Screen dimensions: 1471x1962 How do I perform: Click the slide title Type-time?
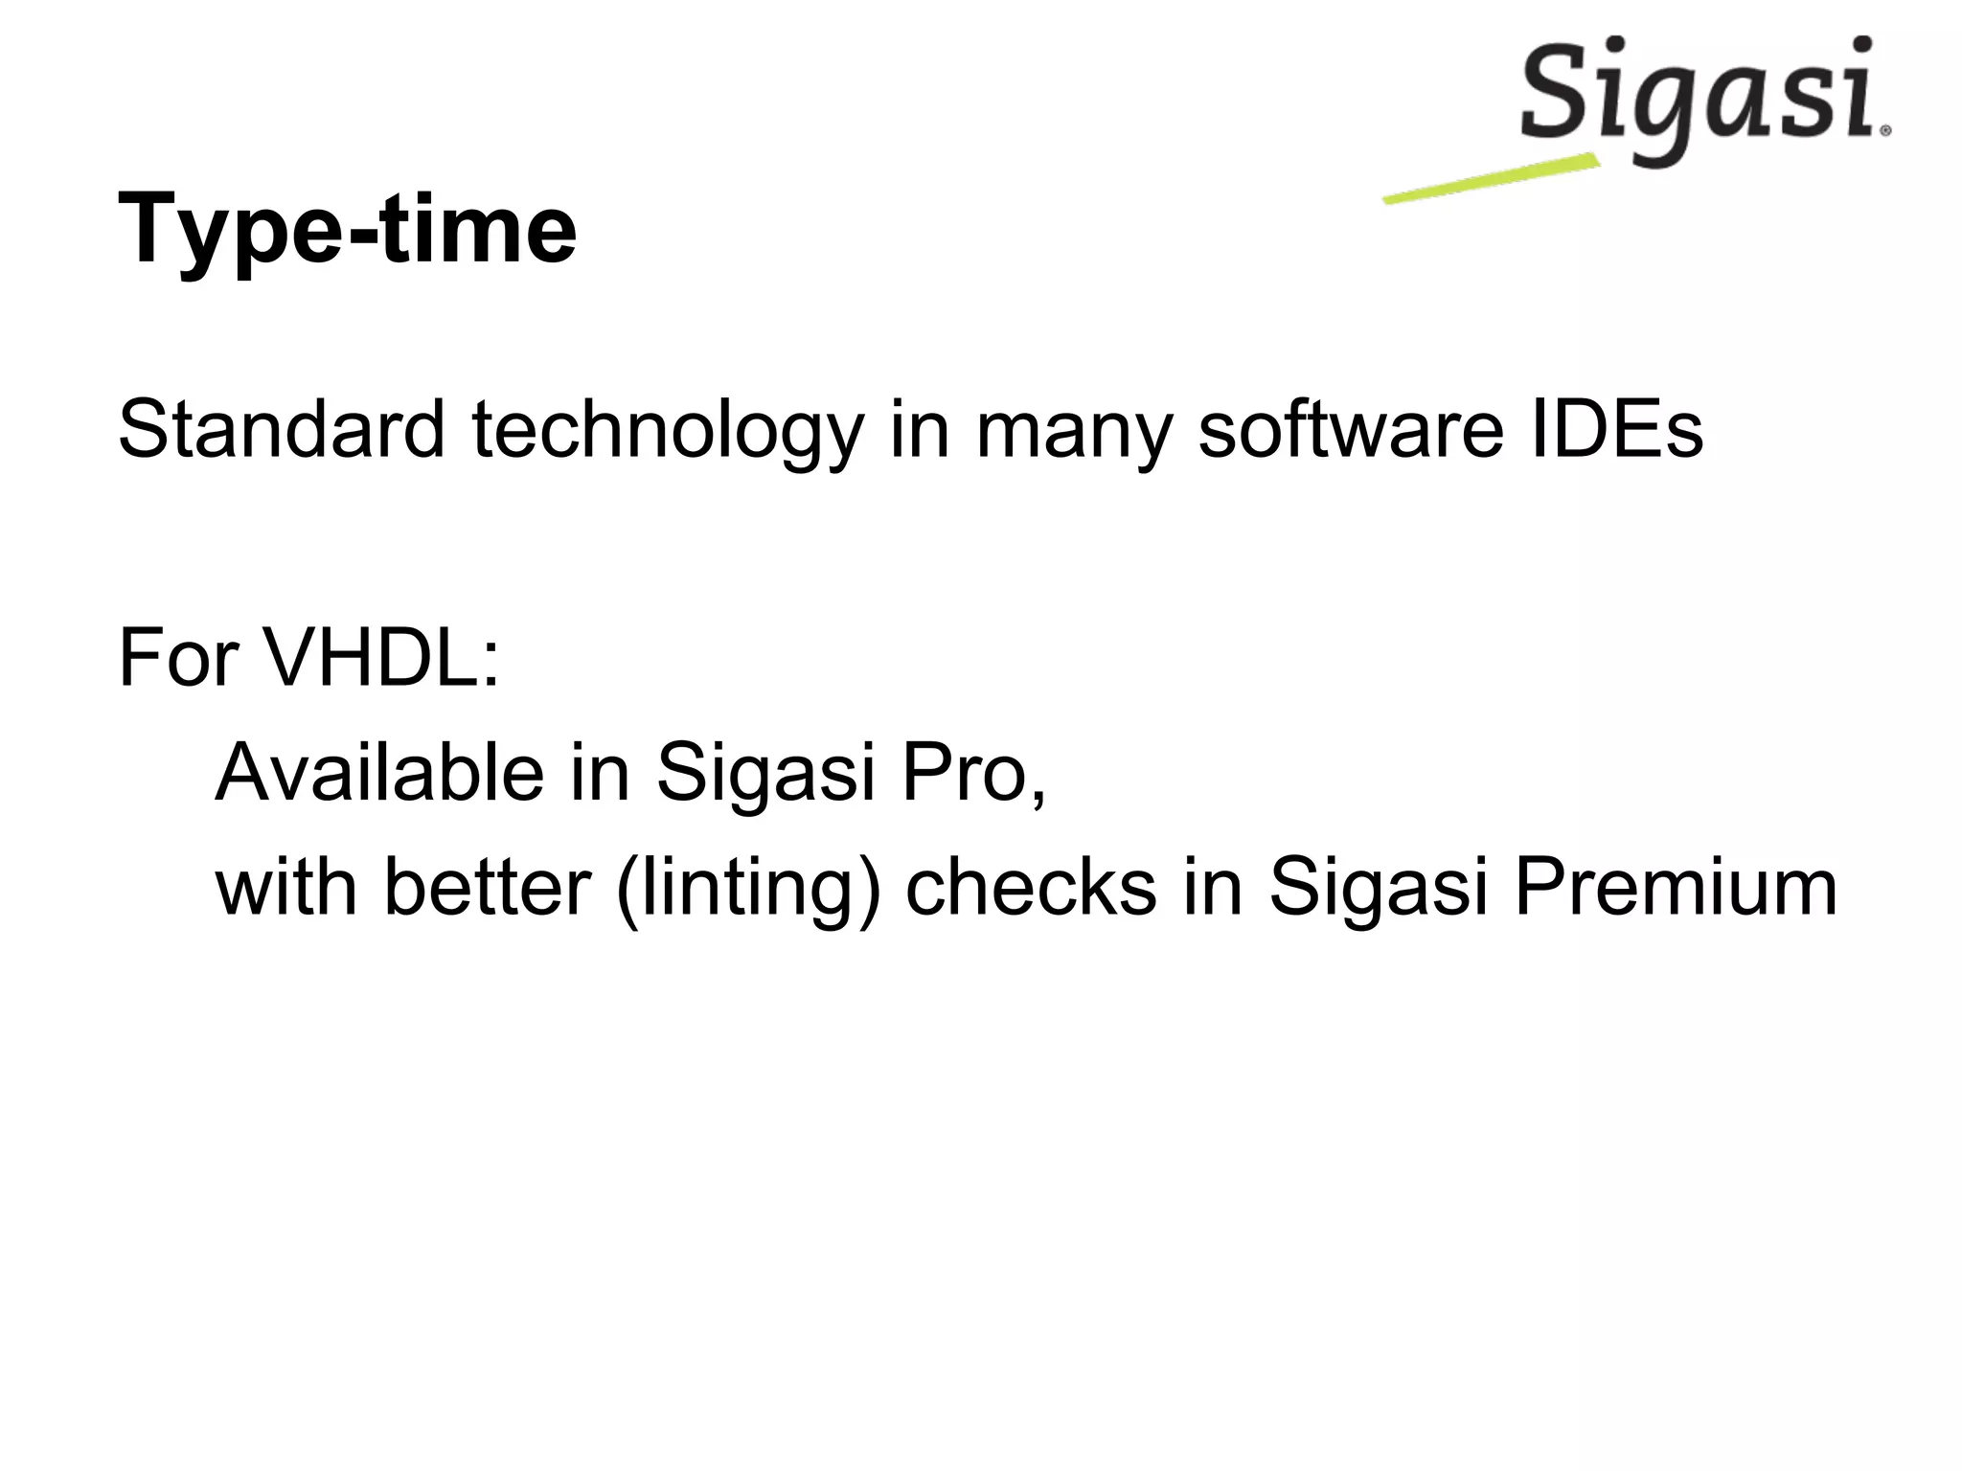point(347,230)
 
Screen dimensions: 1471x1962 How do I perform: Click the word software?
point(1349,429)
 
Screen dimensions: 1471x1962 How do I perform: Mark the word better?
point(487,887)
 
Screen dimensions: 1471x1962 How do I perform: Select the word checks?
point(1031,887)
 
